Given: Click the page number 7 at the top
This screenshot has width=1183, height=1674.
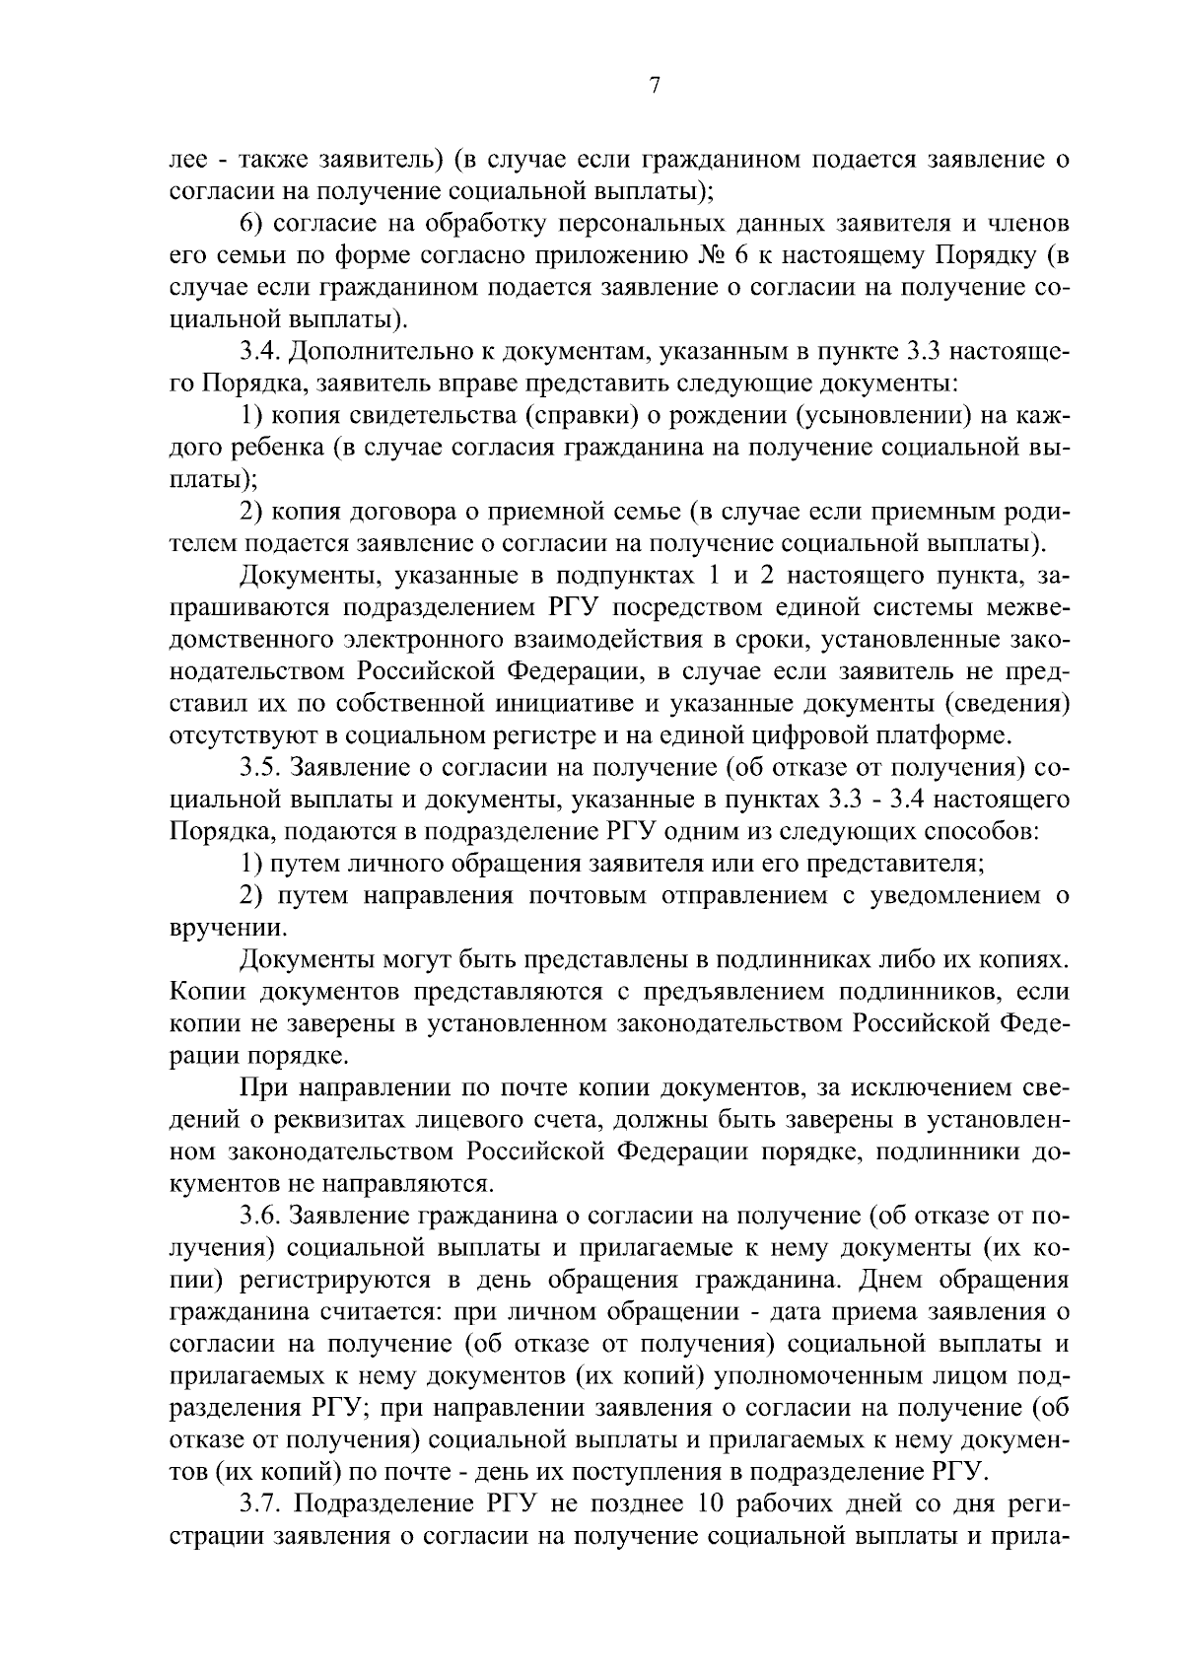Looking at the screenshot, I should pos(654,86).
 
